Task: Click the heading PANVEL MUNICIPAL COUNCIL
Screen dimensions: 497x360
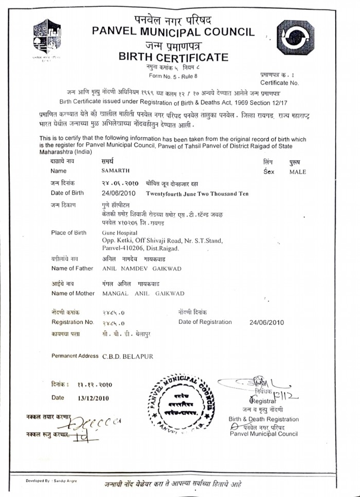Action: [173, 32]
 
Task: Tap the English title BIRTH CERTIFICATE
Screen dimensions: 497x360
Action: [173, 57]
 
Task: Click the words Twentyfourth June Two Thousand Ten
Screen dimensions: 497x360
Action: [197, 193]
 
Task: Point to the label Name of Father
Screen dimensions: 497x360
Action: [72, 268]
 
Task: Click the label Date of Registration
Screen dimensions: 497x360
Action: [205, 322]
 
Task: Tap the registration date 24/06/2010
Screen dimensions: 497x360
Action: [266, 322]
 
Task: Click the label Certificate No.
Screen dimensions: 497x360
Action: [279, 82]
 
